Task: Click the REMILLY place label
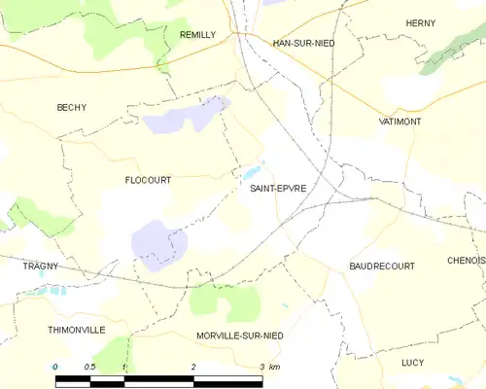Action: click(197, 34)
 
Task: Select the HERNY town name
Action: click(420, 22)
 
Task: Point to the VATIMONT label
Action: click(399, 122)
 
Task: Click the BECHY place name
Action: click(71, 107)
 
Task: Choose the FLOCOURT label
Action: click(148, 180)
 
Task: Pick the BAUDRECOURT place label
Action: click(382, 265)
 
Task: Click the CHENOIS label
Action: click(466, 261)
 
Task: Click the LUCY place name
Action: click(413, 362)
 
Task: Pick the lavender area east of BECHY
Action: click(185, 119)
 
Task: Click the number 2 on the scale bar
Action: click(194, 367)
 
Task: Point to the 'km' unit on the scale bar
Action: click(274, 367)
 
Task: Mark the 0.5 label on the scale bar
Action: click(89, 367)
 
